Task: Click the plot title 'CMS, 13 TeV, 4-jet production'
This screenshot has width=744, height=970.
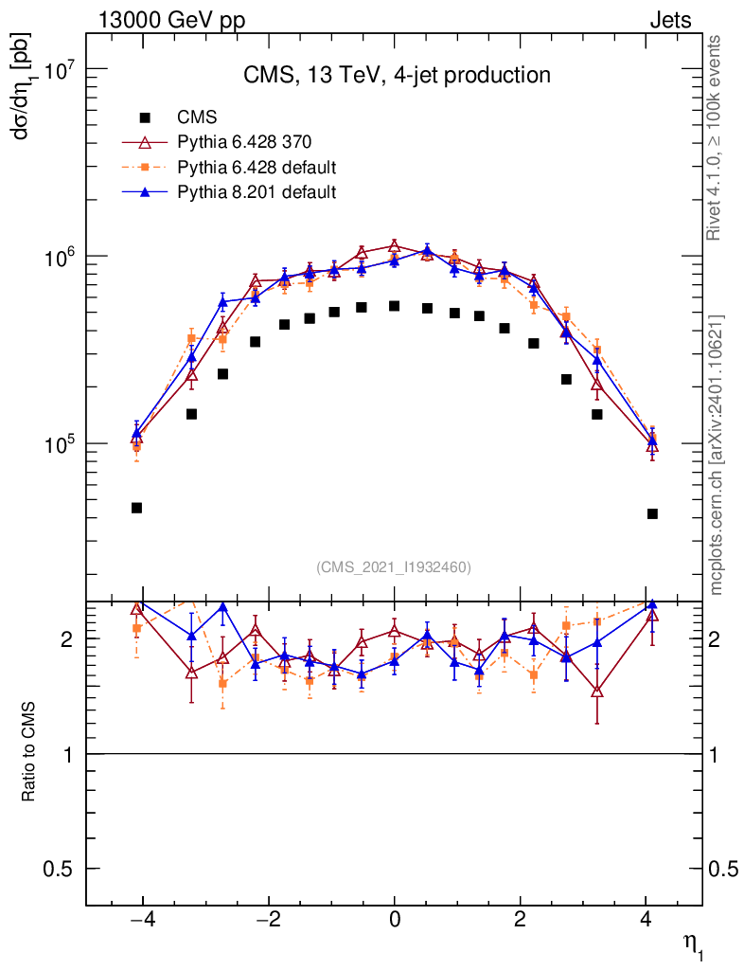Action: (395, 75)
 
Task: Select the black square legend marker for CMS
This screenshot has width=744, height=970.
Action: (145, 117)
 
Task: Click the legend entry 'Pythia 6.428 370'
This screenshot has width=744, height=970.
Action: (244, 142)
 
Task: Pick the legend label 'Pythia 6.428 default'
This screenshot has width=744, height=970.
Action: (257, 168)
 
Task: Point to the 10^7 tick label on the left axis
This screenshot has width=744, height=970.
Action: (59, 70)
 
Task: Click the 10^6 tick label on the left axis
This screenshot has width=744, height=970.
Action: (59, 257)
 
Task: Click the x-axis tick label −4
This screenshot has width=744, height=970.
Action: (140, 920)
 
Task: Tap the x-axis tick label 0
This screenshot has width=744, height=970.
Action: (395, 920)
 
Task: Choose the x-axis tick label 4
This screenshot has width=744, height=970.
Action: (646, 920)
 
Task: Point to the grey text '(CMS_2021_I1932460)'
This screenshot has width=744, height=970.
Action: (394, 567)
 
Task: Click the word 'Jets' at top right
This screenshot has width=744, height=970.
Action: (669, 20)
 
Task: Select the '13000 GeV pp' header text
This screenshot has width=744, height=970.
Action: (171, 20)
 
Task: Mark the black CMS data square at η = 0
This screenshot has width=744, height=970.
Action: (395, 306)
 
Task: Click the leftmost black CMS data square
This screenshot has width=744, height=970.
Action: (136, 508)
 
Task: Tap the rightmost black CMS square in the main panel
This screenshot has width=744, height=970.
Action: (652, 513)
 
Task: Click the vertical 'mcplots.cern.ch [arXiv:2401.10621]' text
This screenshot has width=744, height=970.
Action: (717, 454)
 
